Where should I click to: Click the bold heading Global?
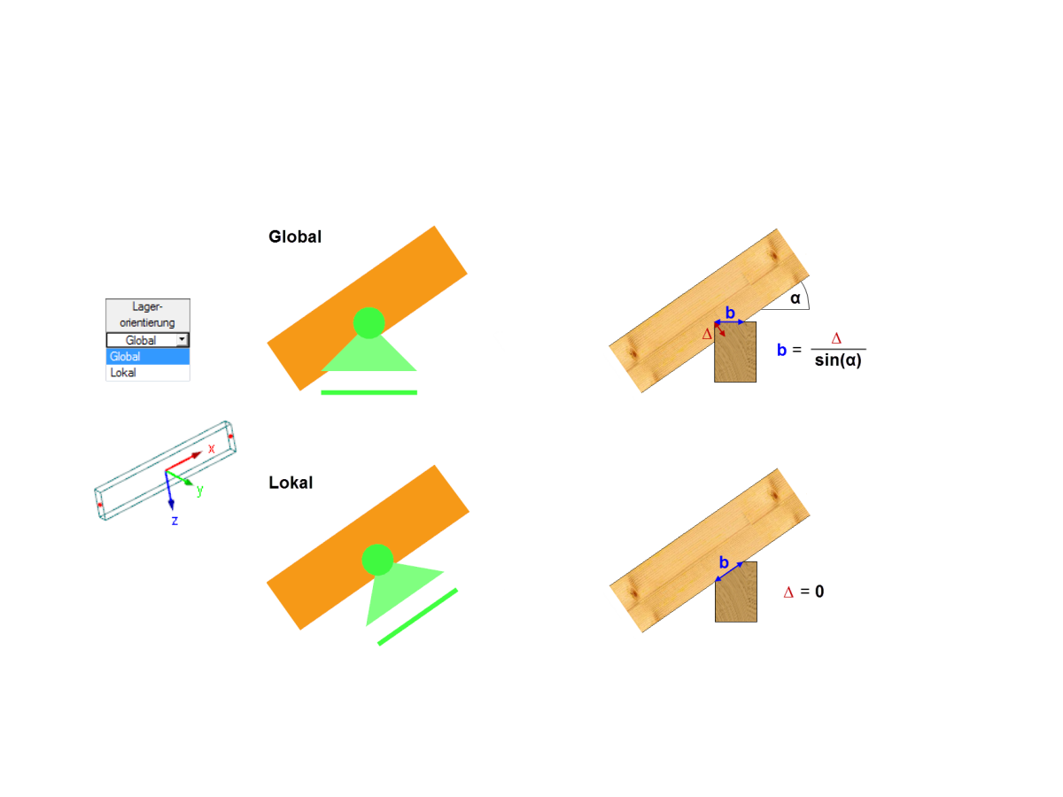294,236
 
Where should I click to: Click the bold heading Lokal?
291,483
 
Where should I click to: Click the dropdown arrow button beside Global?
182,340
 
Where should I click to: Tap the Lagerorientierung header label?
148,314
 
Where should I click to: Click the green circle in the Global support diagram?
369,322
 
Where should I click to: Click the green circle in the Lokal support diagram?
377,560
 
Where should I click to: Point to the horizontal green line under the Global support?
369,392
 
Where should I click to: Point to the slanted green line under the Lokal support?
417,617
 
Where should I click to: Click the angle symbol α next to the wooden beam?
795,298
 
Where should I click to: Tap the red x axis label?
211,449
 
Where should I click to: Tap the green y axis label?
200,491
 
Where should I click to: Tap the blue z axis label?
175,521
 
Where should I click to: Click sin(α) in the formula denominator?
838,360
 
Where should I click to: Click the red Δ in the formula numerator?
836,338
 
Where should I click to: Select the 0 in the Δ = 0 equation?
819,592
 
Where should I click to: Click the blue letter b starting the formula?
781,350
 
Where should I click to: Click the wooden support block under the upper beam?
735,352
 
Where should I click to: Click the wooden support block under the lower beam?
736,592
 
